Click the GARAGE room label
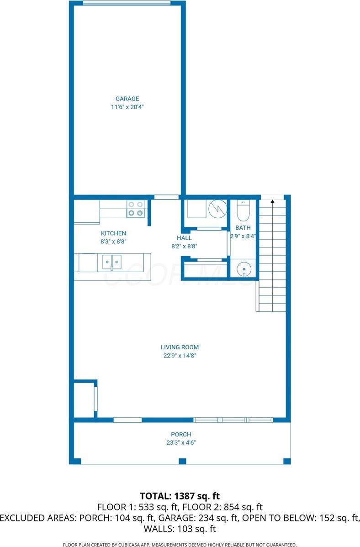(127, 99)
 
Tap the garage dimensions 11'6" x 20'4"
(127, 107)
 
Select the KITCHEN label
(113, 233)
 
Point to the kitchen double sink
(112, 262)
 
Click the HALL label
(184, 238)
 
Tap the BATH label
(243, 228)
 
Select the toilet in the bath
(243, 211)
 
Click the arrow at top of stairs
(272, 201)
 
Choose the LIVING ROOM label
(180, 347)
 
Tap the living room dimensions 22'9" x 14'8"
(180, 355)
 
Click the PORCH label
(181, 434)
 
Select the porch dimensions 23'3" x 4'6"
(181, 442)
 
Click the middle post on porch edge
(182, 461)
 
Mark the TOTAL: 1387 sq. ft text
(180, 495)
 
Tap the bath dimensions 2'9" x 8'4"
(243, 236)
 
